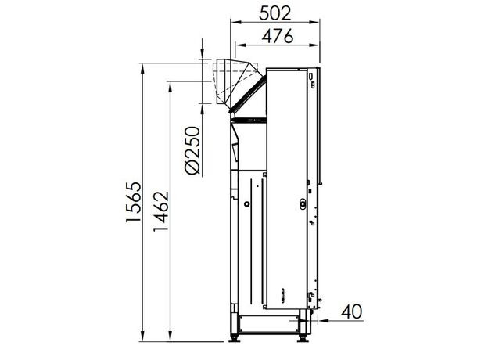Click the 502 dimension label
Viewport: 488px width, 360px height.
click(275, 13)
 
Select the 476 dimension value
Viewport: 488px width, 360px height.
click(278, 36)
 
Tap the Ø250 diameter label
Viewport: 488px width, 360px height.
click(192, 150)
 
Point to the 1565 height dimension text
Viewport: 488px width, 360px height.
click(134, 202)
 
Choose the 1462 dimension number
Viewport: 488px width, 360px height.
click(160, 211)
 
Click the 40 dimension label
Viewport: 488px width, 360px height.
click(352, 311)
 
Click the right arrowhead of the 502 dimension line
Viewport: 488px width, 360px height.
click(314, 22)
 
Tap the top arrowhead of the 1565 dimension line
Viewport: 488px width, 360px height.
click(142, 68)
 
